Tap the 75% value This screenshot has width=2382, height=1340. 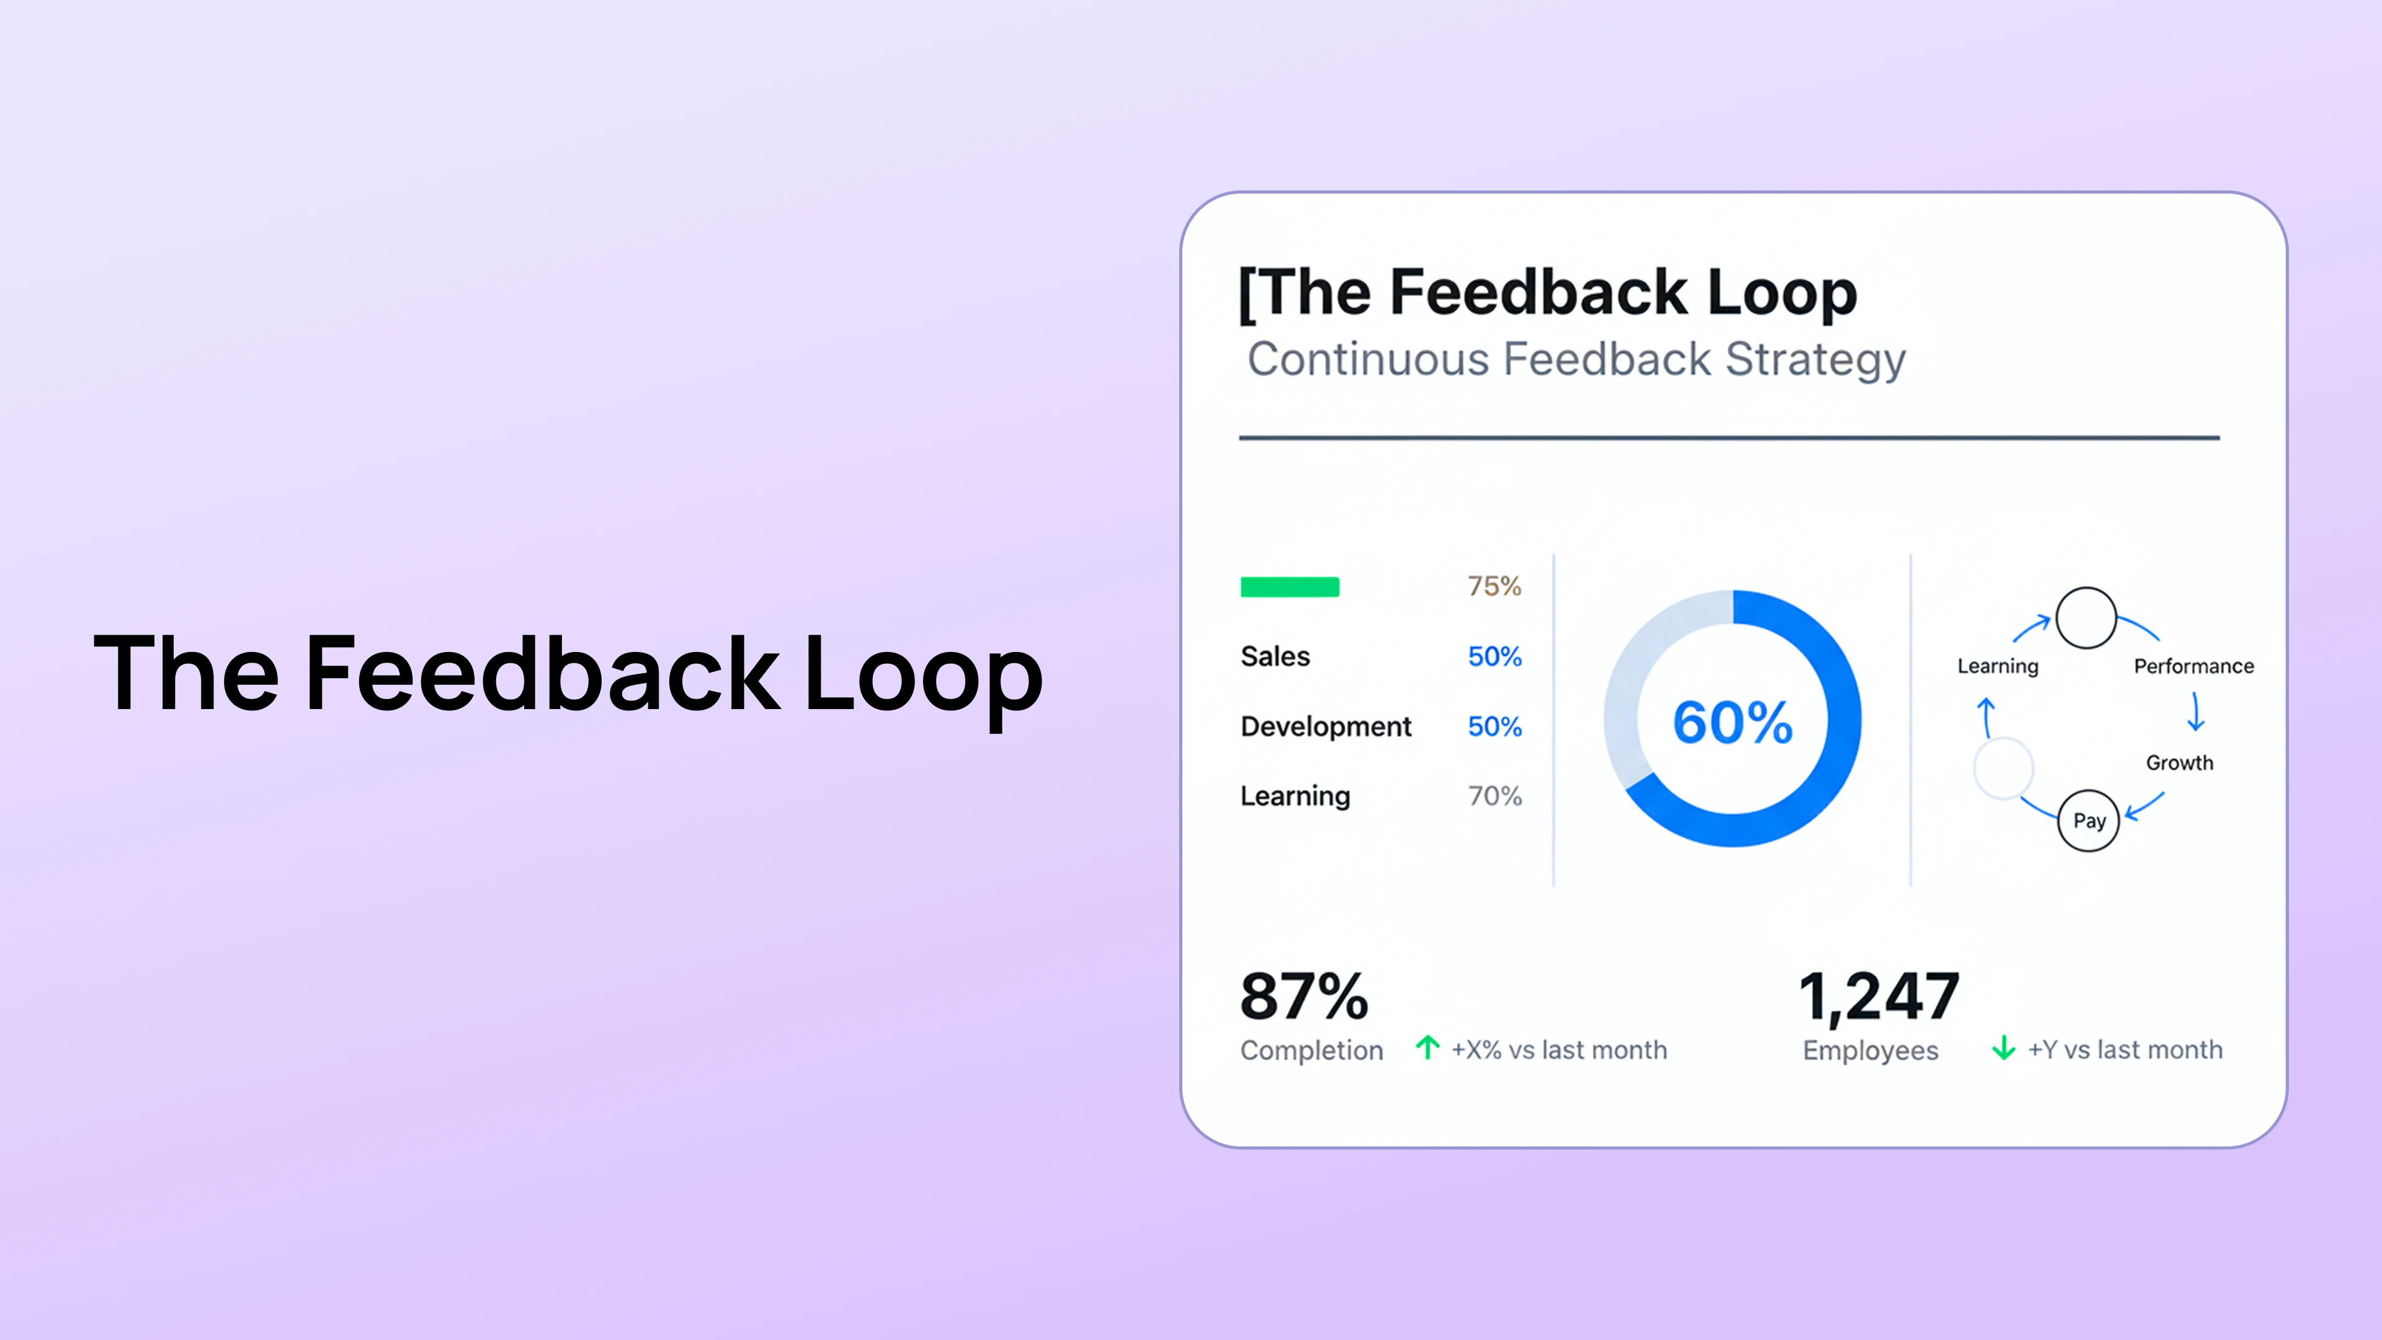coord(1493,586)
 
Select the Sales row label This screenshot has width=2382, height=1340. coord(1275,656)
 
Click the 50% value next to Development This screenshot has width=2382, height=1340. coord(1493,727)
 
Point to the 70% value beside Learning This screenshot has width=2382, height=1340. coord(1493,796)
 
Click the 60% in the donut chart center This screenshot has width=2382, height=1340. coord(1732,722)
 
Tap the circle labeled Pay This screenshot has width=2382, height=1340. coord(2088,820)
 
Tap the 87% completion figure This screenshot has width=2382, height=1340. coord(1304,997)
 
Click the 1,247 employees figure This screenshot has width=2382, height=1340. coord(1878,997)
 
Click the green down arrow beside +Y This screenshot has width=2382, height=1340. coord(2003,1048)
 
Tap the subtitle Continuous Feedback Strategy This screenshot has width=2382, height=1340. coord(1576,360)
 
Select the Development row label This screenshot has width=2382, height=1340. coord(1325,727)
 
